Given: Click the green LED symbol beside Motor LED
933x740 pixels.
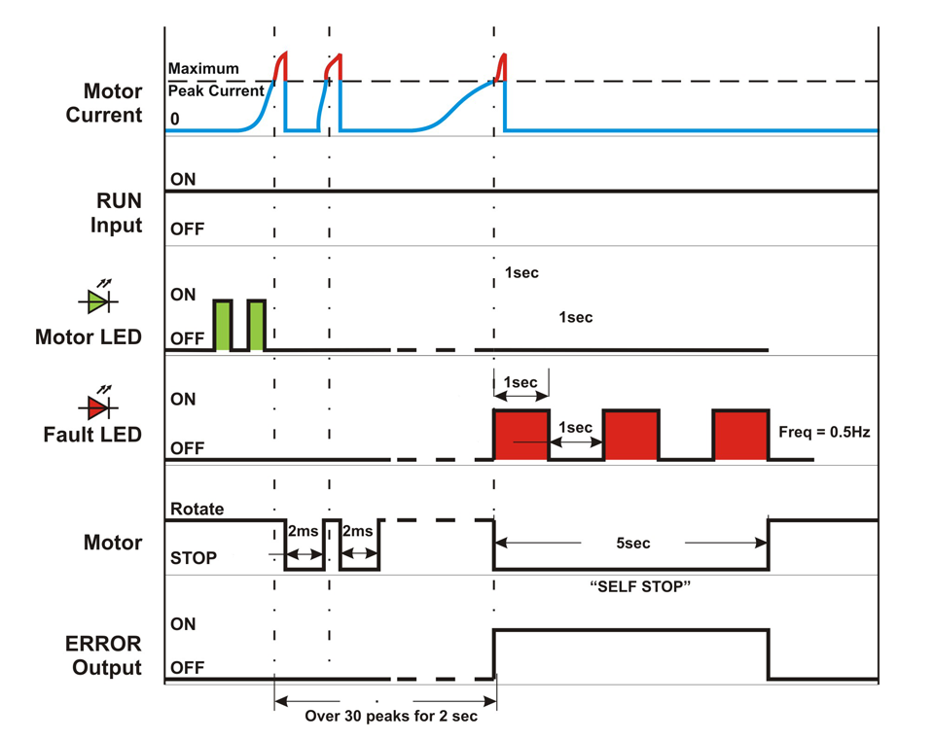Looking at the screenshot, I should pyautogui.click(x=98, y=301).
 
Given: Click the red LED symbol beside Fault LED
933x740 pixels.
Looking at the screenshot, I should pyautogui.click(x=98, y=405).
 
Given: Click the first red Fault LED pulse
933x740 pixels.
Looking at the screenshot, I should pyautogui.click(x=521, y=435).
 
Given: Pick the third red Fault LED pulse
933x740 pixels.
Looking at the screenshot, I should pyautogui.click(x=740, y=435).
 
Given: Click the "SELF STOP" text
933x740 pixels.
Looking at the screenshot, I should pyautogui.click(x=633, y=586).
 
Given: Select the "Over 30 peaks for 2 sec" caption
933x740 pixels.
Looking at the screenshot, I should pyautogui.click(x=386, y=719).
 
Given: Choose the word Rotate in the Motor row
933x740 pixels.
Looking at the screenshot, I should pyautogui.click(x=197, y=509).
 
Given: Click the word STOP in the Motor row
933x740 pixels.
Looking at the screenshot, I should pyautogui.click(x=194, y=558).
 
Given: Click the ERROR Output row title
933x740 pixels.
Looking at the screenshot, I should pyautogui.click(x=104, y=655).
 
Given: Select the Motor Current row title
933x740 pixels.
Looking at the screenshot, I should pyautogui.click(x=112, y=103).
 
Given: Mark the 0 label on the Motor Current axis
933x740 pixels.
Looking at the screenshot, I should pyautogui.click(x=174, y=118).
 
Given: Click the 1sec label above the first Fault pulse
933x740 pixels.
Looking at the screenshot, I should pyautogui.click(x=520, y=382).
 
